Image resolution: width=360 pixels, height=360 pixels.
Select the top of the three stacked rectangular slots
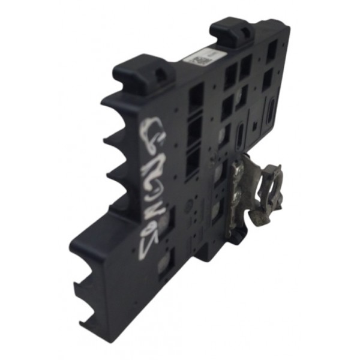pos(196,98)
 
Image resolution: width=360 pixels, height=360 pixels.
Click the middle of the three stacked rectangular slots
pos(194,130)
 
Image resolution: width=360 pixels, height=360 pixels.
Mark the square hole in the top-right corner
pos(272,52)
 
